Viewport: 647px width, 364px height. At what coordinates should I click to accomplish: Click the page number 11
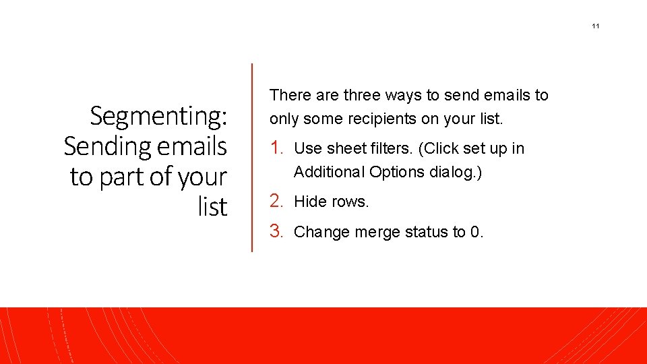click(595, 26)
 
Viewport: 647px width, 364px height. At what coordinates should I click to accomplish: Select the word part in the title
click(121, 177)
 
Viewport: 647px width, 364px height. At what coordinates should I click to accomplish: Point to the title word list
click(213, 206)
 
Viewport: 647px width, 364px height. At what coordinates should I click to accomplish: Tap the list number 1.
click(276, 148)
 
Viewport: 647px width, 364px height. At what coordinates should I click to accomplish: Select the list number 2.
click(276, 201)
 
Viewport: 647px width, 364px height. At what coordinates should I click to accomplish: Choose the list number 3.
click(276, 232)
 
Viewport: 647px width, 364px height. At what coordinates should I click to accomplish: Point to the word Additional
click(330, 172)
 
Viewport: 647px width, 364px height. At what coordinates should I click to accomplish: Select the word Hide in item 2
click(310, 202)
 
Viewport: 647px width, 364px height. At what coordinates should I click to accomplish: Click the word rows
click(350, 202)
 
